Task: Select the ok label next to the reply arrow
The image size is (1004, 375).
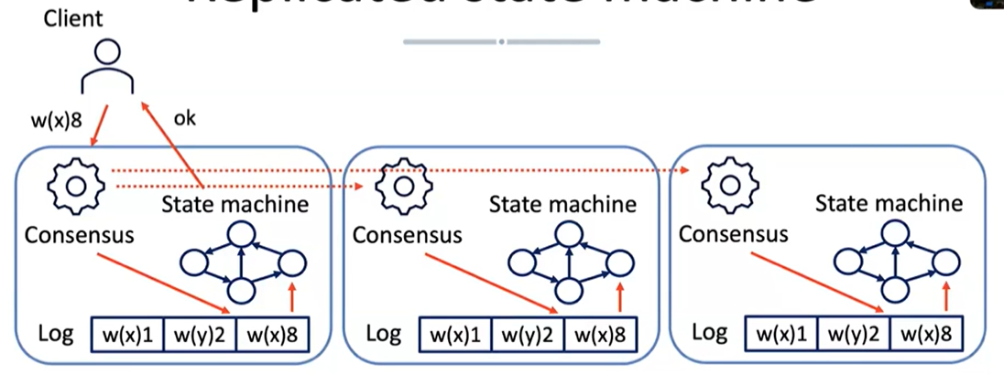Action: [x=185, y=117]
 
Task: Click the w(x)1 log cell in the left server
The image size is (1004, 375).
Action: [x=127, y=336]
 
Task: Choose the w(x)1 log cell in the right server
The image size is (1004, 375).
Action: [x=780, y=336]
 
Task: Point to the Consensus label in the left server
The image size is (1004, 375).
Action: [x=79, y=235]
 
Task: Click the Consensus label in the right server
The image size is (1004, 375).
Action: [x=733, y=233]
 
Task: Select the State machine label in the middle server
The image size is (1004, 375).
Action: [x=562, y=204]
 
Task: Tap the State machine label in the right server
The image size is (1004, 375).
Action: [x=889, y=203]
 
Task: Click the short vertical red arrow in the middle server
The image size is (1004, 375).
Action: [x=621, y=297]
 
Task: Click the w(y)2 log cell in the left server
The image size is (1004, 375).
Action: [x=199, y=336]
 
